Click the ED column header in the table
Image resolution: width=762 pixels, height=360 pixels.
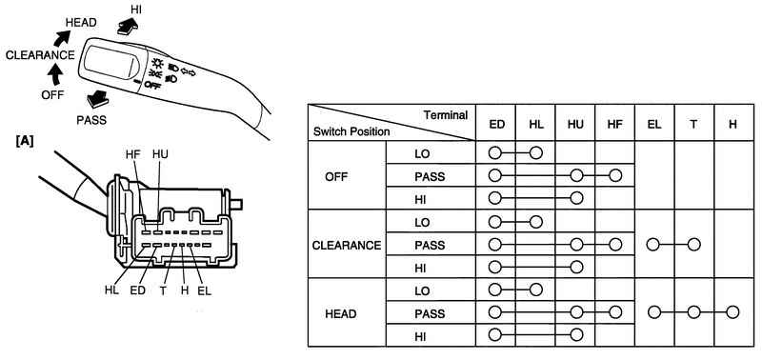coord(496,124)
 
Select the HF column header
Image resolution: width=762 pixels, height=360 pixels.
coord(614,124)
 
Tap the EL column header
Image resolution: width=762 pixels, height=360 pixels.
coord(654,124)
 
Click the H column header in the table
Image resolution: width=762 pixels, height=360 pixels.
coord(732,124)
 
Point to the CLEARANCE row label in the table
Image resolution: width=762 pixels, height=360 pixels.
coord(347,246)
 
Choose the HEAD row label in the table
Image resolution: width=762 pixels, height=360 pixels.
coord(341,314)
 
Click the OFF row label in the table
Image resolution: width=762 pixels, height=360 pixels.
coord(336,177)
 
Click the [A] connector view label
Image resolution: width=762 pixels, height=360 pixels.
coord(25,142)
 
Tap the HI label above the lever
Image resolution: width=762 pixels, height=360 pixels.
coord(136,9)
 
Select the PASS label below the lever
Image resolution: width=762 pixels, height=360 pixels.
coord(91,120)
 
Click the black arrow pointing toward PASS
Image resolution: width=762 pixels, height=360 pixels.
coord(97,99)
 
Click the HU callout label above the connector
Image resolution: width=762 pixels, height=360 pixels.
coord(160,154)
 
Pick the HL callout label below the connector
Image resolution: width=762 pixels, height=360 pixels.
coord(112,290)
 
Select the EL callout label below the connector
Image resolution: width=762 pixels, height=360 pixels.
coord(205,290)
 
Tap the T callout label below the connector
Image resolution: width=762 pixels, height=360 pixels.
coord(163,290)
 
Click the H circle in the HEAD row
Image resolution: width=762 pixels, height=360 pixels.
coord(732,311)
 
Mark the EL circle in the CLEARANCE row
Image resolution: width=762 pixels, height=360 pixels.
coord(653,245)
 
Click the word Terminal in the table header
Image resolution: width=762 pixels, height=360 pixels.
coord(445,115)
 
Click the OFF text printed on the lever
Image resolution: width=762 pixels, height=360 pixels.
coord(152,86)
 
